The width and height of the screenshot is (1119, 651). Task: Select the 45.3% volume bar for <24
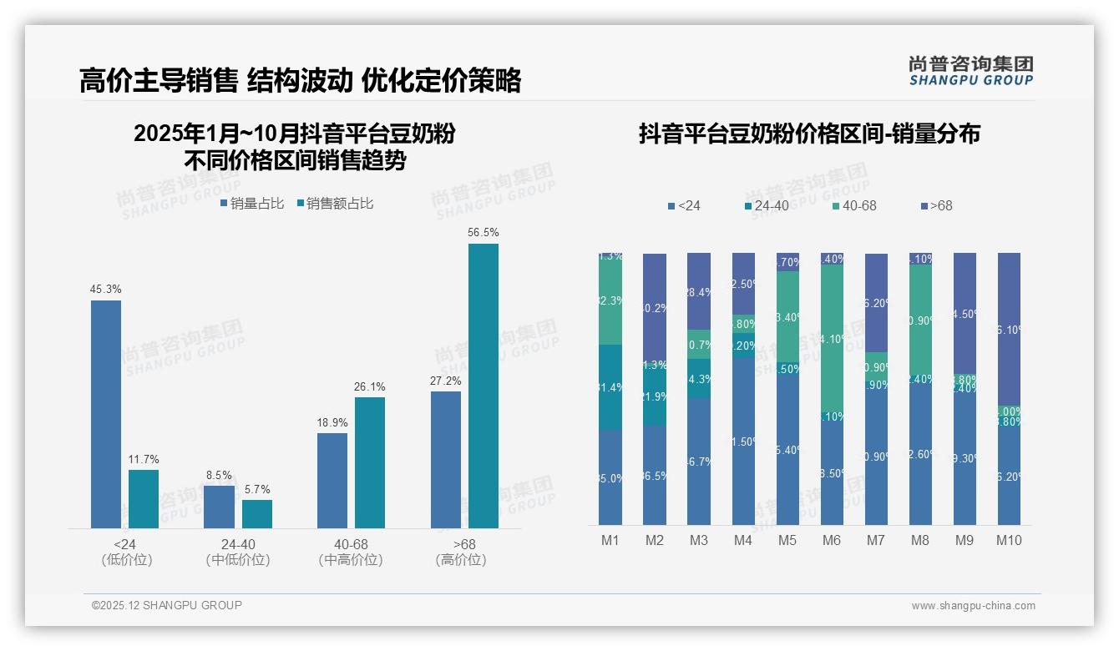(x=106, y=414)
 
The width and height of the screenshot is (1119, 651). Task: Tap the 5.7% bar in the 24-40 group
(x=257, y=514)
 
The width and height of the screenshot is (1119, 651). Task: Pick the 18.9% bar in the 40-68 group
(x=332, y=480)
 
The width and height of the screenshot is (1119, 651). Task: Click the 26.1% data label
(x=370, y=387)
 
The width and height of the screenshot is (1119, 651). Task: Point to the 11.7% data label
(x=144, y=460)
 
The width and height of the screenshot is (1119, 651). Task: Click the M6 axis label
(x=831, y=541)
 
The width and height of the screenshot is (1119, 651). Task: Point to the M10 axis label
(x=1009, y=541)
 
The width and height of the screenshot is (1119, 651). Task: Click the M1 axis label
(x=610, y=541)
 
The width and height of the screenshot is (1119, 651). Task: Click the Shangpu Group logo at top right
(x=970, y=70)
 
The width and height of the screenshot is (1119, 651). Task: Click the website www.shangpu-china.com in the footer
(x=973, y=606)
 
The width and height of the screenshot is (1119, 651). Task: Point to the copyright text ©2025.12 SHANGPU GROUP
(x=167, y=605)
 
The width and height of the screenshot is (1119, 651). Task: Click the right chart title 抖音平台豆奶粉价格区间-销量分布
(x=809, y=134)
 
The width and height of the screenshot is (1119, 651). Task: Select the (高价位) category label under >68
(x=460, y=560)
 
